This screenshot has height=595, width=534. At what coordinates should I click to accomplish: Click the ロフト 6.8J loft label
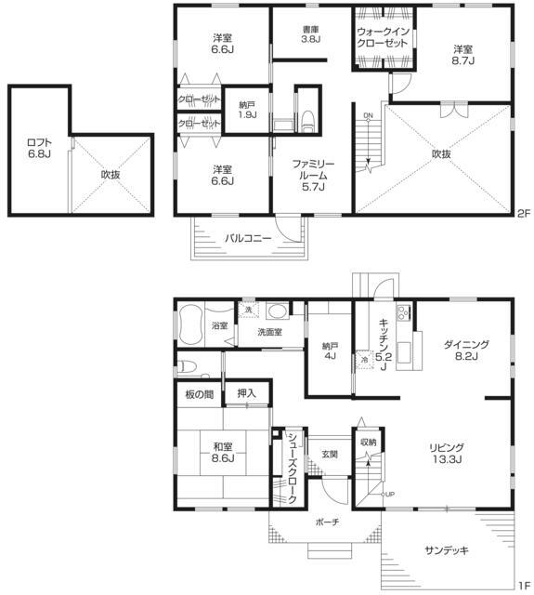[39, 149]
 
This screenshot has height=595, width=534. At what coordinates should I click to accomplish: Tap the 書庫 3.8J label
[311, 34]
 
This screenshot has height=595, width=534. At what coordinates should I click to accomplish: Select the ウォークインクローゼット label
[382, 37]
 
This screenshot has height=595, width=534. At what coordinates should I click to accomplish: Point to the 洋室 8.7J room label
[462, 55]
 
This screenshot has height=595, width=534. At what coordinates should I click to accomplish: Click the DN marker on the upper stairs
[368, 115]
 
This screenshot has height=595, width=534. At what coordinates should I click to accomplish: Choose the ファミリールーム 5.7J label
[313, 176]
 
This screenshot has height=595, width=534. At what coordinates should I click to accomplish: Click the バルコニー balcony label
[248, 239]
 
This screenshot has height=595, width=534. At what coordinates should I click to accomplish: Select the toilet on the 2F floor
[307, 122]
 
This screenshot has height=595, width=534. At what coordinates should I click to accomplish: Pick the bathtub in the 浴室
[189, 325]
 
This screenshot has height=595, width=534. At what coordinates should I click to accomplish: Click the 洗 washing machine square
[248, 310]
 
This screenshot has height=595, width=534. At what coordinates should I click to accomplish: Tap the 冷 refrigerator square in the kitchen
[364, 360]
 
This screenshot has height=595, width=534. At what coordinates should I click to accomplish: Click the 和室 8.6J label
[223, 453]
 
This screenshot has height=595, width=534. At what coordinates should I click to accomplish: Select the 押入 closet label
[247, 393]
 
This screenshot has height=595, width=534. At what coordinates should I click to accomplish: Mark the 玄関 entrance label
[330, 454]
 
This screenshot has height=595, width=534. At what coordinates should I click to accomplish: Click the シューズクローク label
[292, 469]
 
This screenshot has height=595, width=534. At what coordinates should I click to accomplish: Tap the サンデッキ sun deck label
[448, 550]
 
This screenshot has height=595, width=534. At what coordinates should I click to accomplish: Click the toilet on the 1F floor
[189, 366]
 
